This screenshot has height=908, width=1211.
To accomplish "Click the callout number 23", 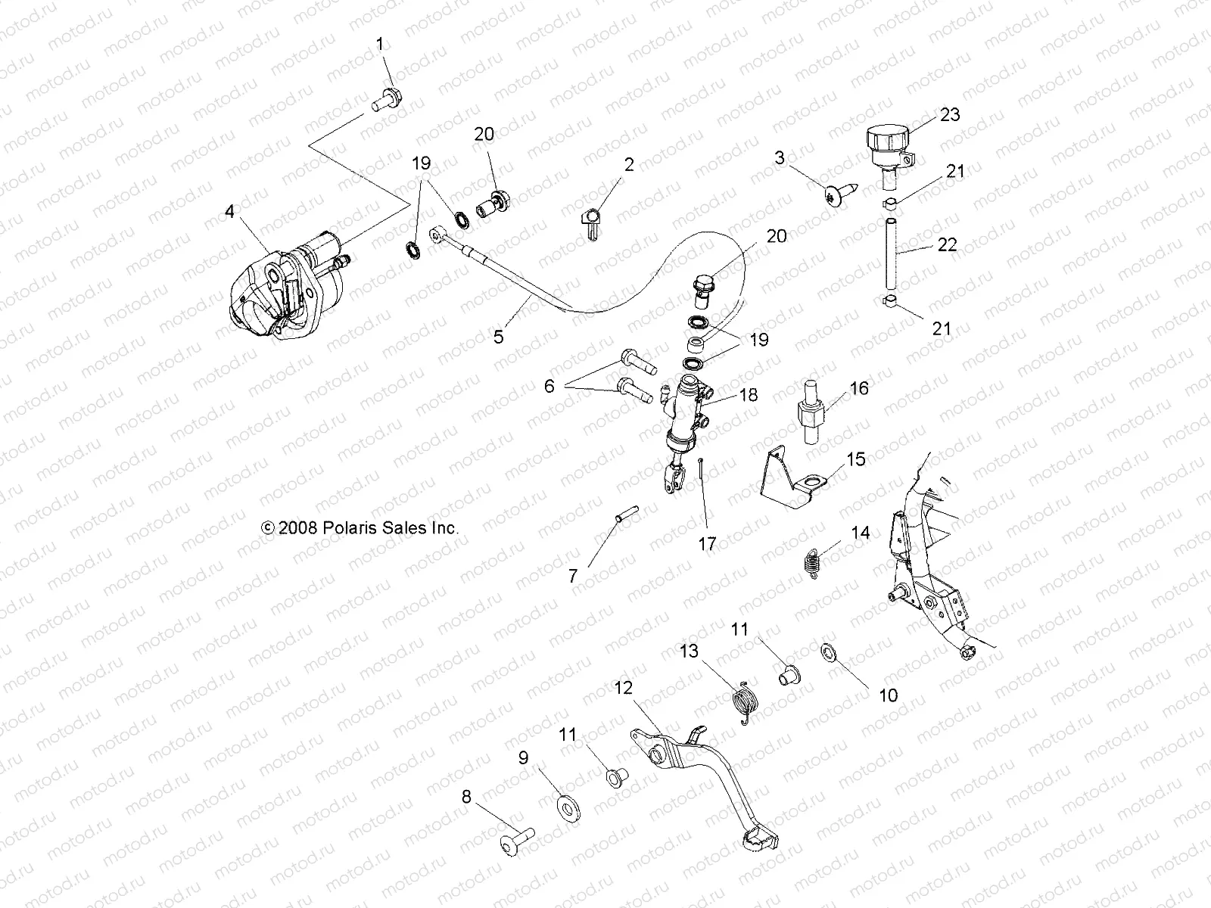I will tap(949, 114).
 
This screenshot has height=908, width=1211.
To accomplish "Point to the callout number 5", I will tap(498, 337).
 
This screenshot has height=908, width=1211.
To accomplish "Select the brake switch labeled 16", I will tap(818, 412).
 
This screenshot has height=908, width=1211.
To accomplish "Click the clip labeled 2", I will tap(593, 220).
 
